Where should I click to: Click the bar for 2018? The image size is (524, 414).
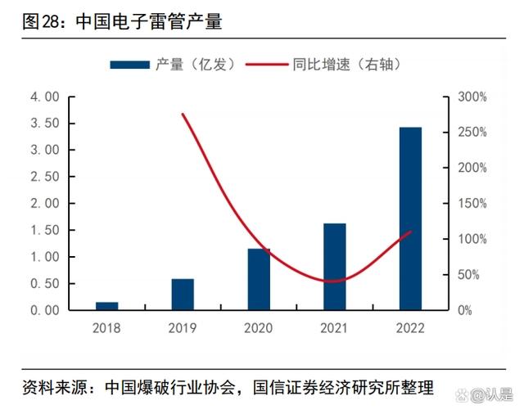(107, 306)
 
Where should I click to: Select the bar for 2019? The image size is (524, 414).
(183, 295)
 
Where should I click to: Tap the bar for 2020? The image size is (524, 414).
(259, 279)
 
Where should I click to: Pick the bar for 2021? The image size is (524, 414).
(334, 267)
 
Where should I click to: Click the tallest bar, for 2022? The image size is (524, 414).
(410, 218)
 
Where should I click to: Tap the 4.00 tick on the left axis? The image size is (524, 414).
(45, 97)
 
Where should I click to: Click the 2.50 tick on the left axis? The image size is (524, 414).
(45, 177)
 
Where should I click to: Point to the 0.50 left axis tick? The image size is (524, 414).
(45, 283)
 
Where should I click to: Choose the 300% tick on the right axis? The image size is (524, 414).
(472, 97)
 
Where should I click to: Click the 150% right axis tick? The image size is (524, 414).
(472, 204)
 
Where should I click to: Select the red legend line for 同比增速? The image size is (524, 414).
(264, 64)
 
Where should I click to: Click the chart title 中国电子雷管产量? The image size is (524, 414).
(148, 22)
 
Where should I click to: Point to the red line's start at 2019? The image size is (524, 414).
(183, 115)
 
